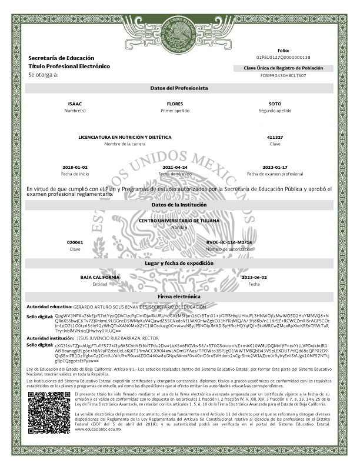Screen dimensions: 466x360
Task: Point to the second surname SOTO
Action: [x=275, y=104]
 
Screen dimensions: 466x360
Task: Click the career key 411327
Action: [x=275, y=137]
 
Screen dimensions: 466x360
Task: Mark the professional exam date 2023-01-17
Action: [x=275, y=167]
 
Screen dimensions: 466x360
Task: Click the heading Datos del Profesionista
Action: [x=179, y=88]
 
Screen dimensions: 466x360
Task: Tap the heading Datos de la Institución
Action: [x=179, y=204]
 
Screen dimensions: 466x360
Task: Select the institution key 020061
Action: [x=75, y=242]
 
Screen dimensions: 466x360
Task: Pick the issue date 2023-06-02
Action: [x=254, y=277]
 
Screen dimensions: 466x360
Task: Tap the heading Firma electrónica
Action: [x=179, y=297]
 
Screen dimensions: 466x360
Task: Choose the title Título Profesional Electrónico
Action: [x=69, y=66]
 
